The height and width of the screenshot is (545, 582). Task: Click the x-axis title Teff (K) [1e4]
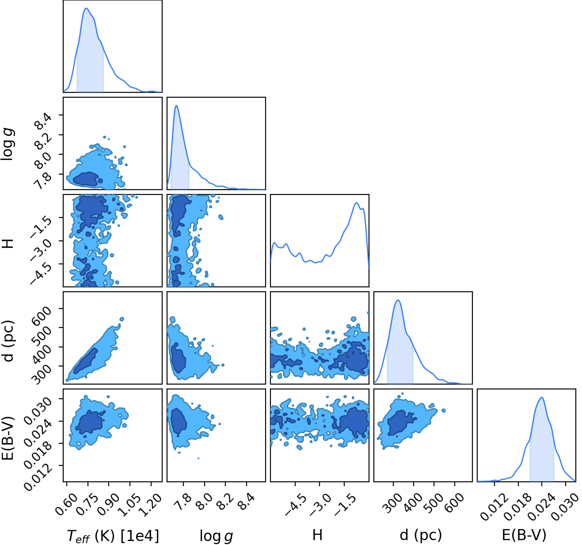[x=113, y=536]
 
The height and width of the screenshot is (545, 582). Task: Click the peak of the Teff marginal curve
[x=86, y=8]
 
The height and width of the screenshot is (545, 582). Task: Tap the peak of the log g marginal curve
[x=176, y=106]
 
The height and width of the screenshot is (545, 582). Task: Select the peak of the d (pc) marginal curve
[x=398, y=300]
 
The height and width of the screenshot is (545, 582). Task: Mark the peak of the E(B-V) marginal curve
[x=542, y=397]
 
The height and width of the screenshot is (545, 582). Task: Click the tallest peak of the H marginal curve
[x=356, y=203]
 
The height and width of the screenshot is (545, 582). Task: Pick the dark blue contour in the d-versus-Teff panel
[x=85, y=361]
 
